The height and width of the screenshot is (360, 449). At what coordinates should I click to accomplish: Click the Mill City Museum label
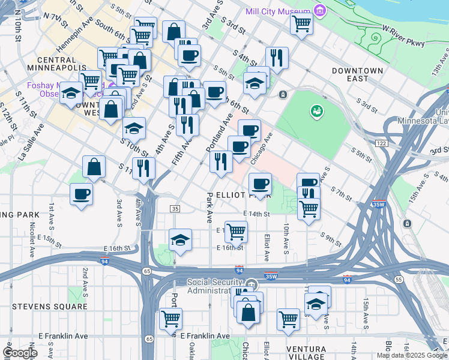click(x=279, y=11)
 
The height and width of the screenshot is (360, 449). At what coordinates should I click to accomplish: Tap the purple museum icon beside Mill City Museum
click(x=320, y=11)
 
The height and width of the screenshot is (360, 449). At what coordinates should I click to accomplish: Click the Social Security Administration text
click(x=217, y=287)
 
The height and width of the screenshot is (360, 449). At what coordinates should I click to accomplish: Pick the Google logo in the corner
click(x=20, y=353)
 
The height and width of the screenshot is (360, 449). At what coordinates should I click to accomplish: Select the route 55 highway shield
click(x=398, y=280)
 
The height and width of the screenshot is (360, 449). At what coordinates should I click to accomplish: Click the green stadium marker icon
click(x=315, y=111)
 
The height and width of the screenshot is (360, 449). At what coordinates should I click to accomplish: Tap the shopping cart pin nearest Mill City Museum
click(x=301, y=24)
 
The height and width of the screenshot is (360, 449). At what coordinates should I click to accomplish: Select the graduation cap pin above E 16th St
click(x=180, y=240)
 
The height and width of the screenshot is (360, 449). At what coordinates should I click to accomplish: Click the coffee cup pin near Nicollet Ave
click(x=81, y=194)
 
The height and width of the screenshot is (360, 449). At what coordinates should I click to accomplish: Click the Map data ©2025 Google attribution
click(x=411, y=355)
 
